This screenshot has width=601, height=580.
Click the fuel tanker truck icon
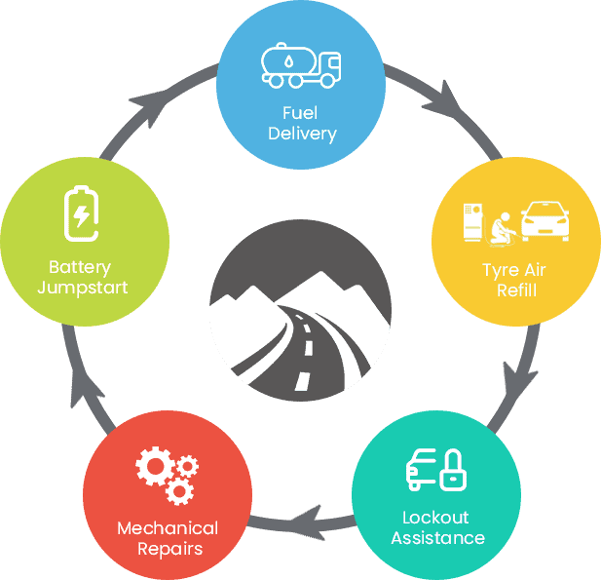coord(301,65)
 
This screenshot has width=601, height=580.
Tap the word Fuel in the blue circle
coord(301,113)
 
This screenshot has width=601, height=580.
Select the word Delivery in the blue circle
coord(301,134)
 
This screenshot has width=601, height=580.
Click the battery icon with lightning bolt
coord(81,212)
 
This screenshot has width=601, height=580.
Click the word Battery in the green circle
coord(80,267)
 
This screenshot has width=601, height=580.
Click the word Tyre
coord(499,270)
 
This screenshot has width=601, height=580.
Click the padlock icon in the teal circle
coord(452,470)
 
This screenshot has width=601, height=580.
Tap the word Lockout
coord(435,517)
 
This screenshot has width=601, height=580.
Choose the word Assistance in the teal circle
coord(437,537)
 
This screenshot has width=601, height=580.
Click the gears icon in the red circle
coord(167,473)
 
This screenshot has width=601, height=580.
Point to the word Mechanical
coord(168,527)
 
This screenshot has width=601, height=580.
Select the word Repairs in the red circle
coord(169,548)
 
